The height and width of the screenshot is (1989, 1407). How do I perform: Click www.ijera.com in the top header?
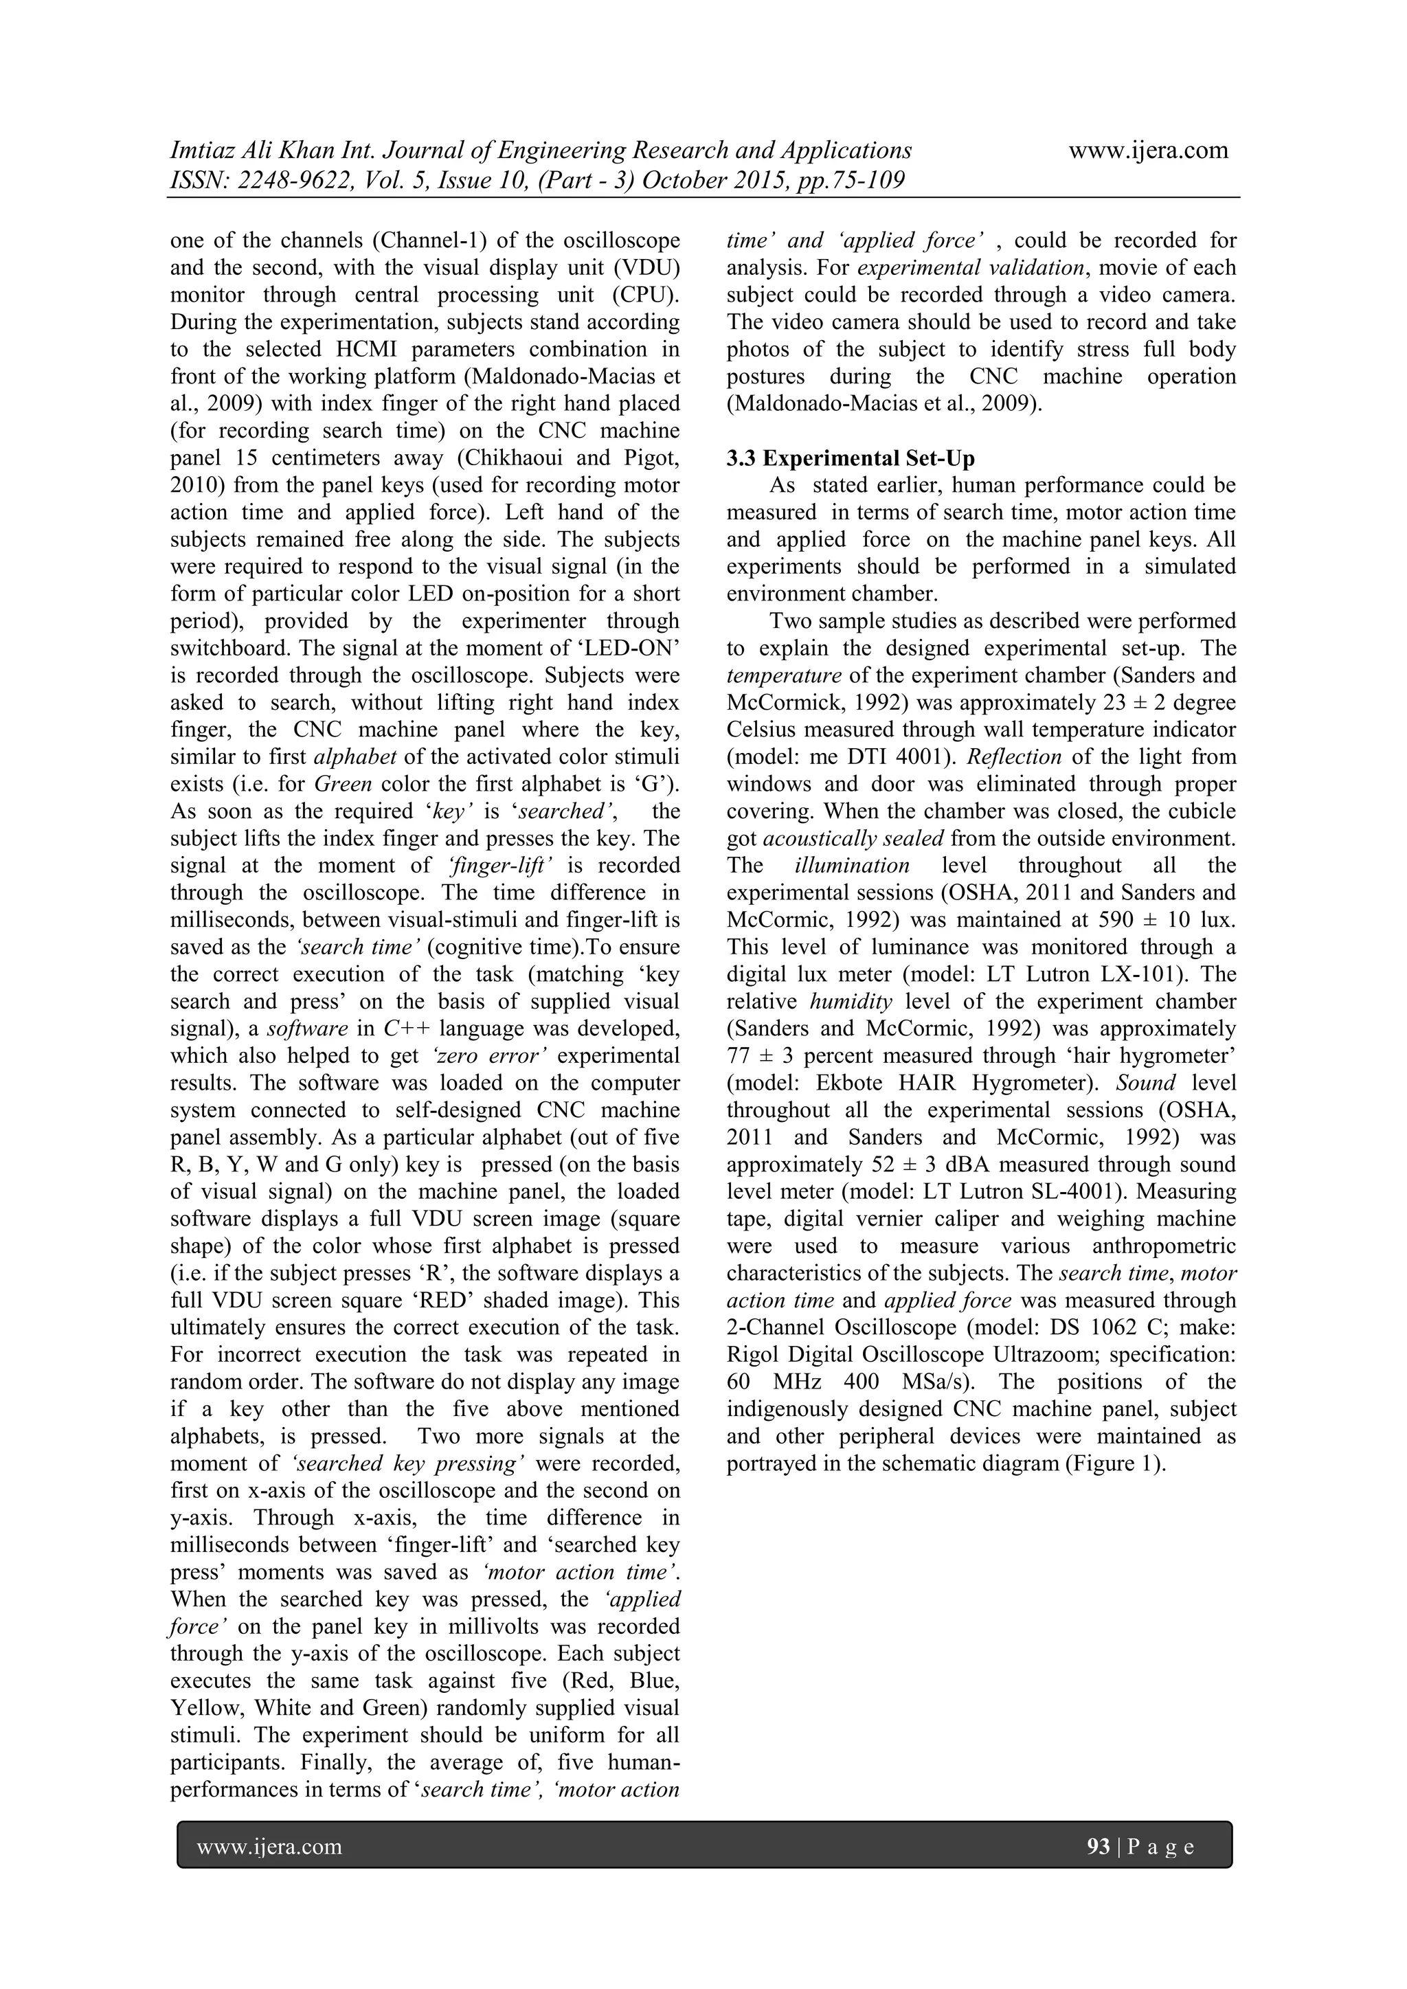(1148, 150)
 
